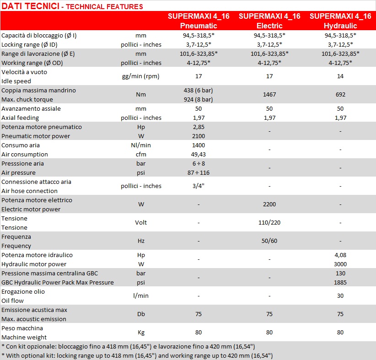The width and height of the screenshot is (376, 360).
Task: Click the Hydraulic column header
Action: pyautogui.click(x=340, y=21)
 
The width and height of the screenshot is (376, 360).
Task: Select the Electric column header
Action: pyautogui.click(x=269, y=21)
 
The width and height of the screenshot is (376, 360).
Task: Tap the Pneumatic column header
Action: pyautogui.click(x=199, y=21)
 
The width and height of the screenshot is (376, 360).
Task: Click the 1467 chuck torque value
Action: pyautogui.click(x=269, y=95)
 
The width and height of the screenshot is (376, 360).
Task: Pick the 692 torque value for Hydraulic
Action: pyautogui.click(x=340, y=95)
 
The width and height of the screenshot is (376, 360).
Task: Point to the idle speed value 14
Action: pyautogui.click(x=340, y=76)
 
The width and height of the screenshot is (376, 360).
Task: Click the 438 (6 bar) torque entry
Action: pyautogui.click(x=199, y=91)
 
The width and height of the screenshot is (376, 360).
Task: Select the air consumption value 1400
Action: pyautogui.click(x=199, y=145)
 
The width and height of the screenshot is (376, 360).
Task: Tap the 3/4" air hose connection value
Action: pyautogui.click(x=199, y=186)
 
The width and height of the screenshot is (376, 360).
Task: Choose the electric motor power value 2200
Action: pyautogui.click(x=269, y=204)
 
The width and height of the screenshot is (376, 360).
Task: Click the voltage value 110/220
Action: pyautogui.click(x=269, y=223)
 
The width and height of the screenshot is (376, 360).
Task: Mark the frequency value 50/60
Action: pyautogui.click(x=269, y=241)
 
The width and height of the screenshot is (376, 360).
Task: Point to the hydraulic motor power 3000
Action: pyautogui.click(x=340, y=264)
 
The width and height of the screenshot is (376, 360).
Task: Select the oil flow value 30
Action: pyautogui.click(x=340, y=296)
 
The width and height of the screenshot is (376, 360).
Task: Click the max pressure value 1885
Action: pyautogui.click(x=340, y=283)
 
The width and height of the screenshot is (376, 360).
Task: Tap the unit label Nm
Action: pyautogui.click(x=141, y=95)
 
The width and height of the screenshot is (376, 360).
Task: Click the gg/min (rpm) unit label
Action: pyautogui.click(x=141, y=76)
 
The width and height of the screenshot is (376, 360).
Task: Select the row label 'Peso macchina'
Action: pyautogui.click(x=22, y=328)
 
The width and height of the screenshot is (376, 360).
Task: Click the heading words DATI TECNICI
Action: pyautogui.click(x=31, y=6)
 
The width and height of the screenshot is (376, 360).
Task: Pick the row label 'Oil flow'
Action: pyautogui.click(x=12, y=301)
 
